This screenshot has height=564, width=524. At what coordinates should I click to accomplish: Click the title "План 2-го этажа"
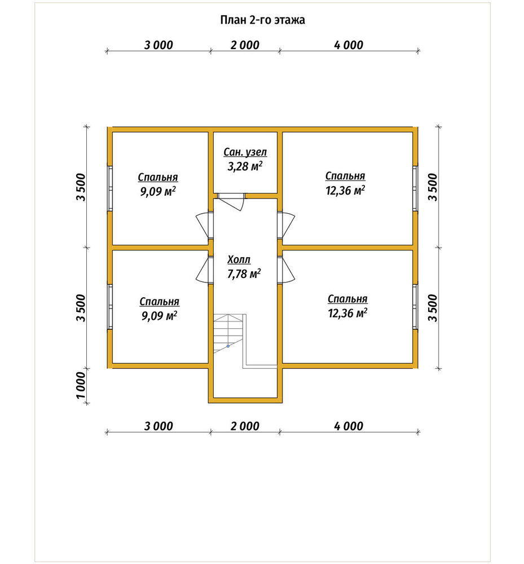tap(262, 20)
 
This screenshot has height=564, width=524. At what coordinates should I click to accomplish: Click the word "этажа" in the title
tap(289, 20)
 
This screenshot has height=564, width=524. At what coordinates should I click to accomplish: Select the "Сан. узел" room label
tap(245, 152)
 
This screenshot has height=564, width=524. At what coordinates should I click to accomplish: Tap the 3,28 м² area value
tap(245, 166)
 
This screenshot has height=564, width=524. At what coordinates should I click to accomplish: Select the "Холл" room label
tap(239, 259)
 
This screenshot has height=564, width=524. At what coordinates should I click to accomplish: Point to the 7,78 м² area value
tap(244, 274)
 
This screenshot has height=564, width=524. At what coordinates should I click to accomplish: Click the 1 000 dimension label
tap(81, 385)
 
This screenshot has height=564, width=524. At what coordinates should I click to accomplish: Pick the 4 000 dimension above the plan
tap(349, 45)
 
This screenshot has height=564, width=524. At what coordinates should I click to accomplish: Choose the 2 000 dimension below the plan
tap(245, 426)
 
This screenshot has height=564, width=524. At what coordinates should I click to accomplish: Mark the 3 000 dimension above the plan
tap(158, 45)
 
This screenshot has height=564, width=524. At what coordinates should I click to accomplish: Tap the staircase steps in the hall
tap(228, 333)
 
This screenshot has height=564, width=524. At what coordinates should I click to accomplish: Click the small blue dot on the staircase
tap(228, 346)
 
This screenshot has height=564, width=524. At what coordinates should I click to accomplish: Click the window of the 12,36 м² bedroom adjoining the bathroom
tap(415, 188)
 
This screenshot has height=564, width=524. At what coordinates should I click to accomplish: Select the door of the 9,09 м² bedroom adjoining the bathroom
tap(204, 225)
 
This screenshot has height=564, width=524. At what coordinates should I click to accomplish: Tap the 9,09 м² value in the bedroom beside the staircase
tap(159, 316)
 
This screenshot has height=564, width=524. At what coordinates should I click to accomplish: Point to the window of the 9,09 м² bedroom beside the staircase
tap(110, 306)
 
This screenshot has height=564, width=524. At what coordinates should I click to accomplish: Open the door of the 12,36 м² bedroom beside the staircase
tap(287, 270)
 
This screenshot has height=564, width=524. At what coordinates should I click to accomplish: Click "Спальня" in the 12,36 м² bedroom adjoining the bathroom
tap(345, 176)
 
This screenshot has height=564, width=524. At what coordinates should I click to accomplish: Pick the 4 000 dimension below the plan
tap(349, 426)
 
